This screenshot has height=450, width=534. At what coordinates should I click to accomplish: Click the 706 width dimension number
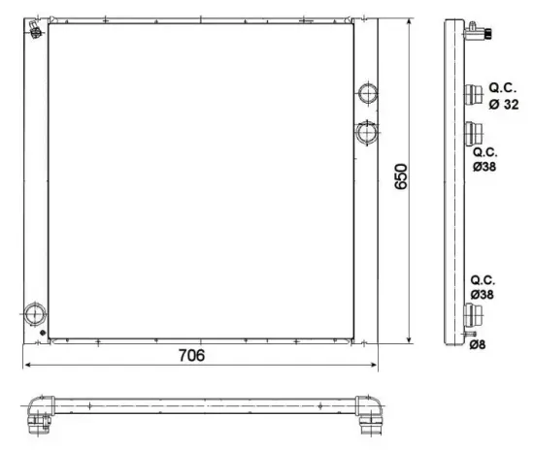tap(191, 356)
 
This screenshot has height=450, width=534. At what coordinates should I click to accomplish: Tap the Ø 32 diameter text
tap(504, 104)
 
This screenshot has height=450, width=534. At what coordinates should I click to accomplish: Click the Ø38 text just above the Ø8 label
tap(483, 294)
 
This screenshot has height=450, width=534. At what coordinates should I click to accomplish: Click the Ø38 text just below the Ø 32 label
tap(484, 167)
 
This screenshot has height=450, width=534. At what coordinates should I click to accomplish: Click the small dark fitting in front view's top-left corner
tap(36, 32)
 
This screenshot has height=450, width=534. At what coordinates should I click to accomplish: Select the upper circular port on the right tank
tap(368, 94)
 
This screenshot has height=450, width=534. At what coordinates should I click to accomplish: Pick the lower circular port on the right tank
tap(368, 131)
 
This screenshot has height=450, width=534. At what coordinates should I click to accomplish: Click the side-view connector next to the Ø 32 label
tap(475, 95)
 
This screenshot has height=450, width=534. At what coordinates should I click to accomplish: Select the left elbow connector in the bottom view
tap(40, 415)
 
